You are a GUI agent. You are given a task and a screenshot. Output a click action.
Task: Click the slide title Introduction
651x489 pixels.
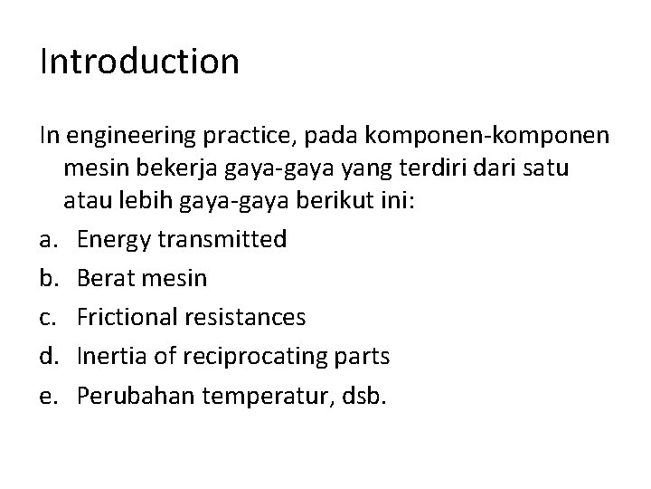pyautogui.click(x=139, y=62)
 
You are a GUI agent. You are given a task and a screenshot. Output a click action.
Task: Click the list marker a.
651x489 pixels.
pyautogui.click(x=46, y=239)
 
